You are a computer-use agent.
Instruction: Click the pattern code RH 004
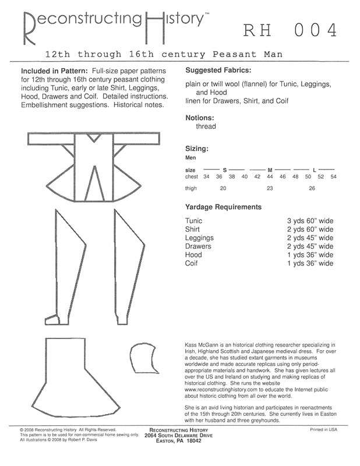[289, 29]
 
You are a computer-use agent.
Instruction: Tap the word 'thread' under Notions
[206, 126]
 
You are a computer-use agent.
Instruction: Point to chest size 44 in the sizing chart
[270, 176]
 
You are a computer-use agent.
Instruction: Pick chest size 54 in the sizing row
[333, 176]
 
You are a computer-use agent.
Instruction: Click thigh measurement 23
[270, 188]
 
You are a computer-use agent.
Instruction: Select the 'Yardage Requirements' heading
[223, 207]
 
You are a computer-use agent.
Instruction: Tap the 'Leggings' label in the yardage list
[200, 238]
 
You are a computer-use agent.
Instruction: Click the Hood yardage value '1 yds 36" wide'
[310, 255]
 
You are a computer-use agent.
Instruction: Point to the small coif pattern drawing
[140, 358]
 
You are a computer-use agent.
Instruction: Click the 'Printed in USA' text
[324, 429]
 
